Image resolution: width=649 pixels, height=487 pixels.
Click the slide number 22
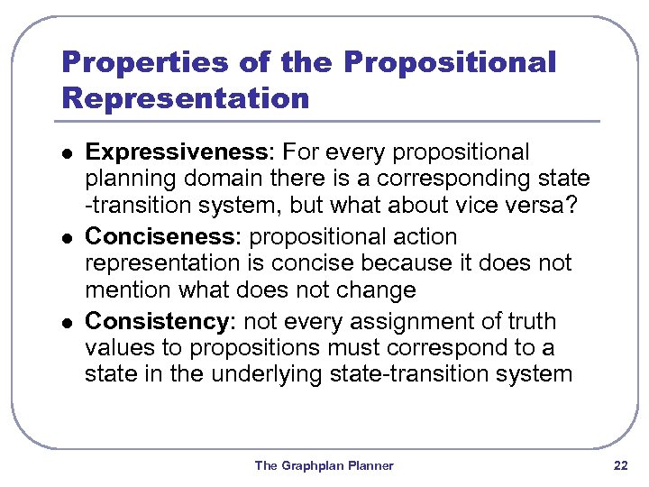pos(620,465)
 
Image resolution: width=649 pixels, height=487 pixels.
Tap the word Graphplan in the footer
pos(312,466)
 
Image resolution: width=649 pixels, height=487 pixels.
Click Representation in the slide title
pos(184,96)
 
